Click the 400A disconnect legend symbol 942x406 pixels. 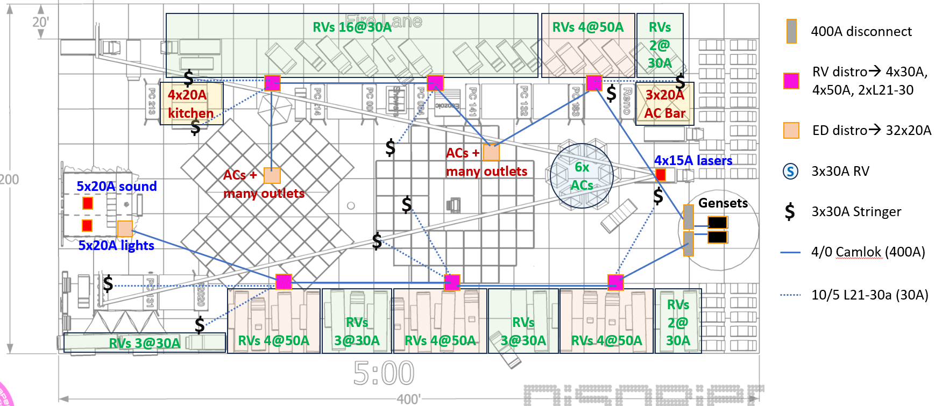coord(791,31)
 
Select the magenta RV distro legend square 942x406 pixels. coord(791,81)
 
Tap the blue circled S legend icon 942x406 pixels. coord(790,172)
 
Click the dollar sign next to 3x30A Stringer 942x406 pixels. coord(790,211)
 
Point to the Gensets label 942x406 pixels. coord(723,203)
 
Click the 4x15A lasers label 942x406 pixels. coord(693,160)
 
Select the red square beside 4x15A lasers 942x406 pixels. coord(661,175)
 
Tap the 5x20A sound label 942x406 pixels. coord(117,186)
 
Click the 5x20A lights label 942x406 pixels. coord(116,245)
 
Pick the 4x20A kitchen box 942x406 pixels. coord(192,104)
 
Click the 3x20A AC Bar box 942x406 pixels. coord(665,104)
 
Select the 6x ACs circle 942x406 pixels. coord(582,176)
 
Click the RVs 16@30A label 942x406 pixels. coord(352,27)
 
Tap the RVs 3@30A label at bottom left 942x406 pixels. coord(144,343)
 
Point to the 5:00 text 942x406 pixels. coord(384,373)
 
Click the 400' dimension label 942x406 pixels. coord(408,399)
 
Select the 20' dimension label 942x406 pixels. coord(40,22)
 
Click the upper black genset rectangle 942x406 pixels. coord(717,222)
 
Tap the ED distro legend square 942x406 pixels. coord(791,130)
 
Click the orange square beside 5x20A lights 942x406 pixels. coord(125,229)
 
